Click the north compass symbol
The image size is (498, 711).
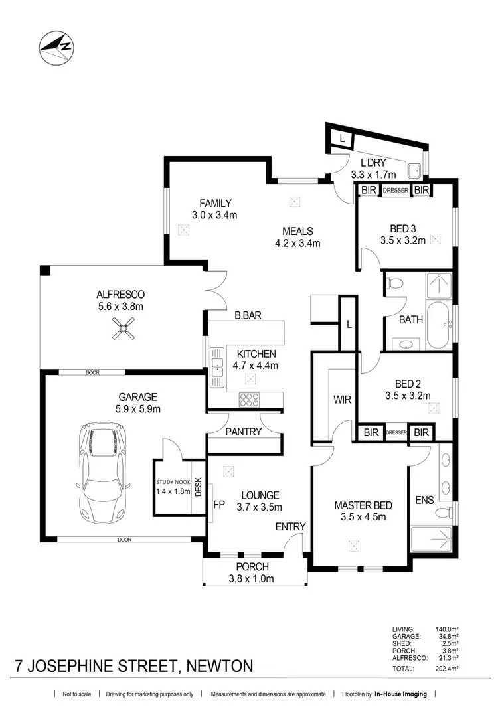click(56, 48)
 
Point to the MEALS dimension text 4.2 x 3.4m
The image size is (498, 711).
click(297, 243)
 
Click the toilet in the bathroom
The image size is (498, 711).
click(395, 284)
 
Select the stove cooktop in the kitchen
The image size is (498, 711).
click(249, 400)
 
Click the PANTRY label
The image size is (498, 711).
click(243, 432)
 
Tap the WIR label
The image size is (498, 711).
click(342, 400)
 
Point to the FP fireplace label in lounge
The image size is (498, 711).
click(218, 504)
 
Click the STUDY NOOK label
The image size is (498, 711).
click(173, 482)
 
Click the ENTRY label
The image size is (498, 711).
click(291, 526)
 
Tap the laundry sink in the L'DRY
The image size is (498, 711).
click(414, 170)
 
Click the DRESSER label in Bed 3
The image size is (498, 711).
click(395, 191)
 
